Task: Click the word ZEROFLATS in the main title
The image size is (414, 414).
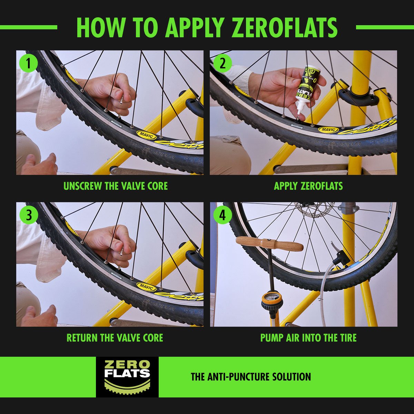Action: (285, 28)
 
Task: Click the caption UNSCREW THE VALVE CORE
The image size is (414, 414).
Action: (116, 186)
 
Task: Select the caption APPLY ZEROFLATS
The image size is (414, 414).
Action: (308, 186)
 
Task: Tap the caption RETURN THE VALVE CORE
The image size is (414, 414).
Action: (115, 338)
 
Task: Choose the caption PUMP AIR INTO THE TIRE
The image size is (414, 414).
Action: (308, 338)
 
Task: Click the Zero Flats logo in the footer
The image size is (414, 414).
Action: (127, 377)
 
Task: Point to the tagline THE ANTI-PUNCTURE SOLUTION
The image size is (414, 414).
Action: (251, 377)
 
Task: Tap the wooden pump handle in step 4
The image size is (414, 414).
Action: (269, 244)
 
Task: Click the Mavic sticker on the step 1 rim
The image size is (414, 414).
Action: (146, 135)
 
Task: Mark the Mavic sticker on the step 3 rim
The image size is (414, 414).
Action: (146, 287)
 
